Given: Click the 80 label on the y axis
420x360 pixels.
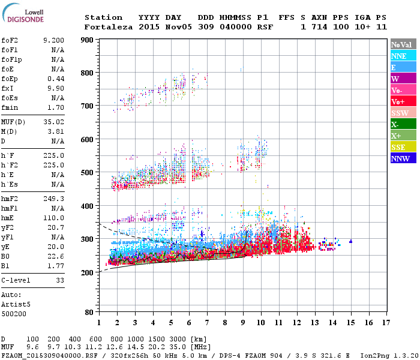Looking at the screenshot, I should (x=88, y=313).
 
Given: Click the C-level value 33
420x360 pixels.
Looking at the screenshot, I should (x=59, y=280).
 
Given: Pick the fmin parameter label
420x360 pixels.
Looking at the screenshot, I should (x=11, y=107).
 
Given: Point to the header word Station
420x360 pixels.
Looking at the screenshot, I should (x=103, y=17).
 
